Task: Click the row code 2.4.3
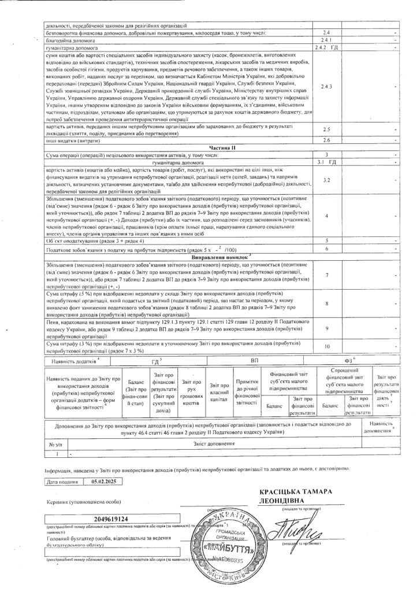(327, 86)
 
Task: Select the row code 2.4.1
(327, 40)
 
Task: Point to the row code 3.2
(327, 181)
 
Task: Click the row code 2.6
(327, 140)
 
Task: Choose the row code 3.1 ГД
(327, 162)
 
